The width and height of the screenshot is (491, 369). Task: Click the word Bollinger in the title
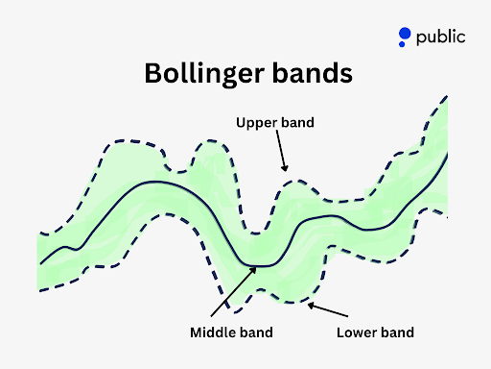pyautogui.click(x=202, y=75)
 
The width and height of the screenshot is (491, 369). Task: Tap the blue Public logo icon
pyautogui.click(x=405, y=37)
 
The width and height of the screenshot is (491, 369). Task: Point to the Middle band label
pyautogui.click(x=230, y=332)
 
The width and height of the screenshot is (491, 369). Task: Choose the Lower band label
pyautogui.click(x=375, y=332)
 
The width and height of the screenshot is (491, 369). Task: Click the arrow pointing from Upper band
pyautogui.click(x=280, y=152)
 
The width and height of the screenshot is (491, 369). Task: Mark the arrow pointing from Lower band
pyautogui.click(x=330, y=313)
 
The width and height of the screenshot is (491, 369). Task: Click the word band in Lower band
pyautogui.click(x=397, y=332)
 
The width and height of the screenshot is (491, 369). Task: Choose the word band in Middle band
pyautogui.click(x=254, y=332)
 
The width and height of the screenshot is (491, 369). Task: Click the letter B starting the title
pyautogui.click(x=152, y=73)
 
